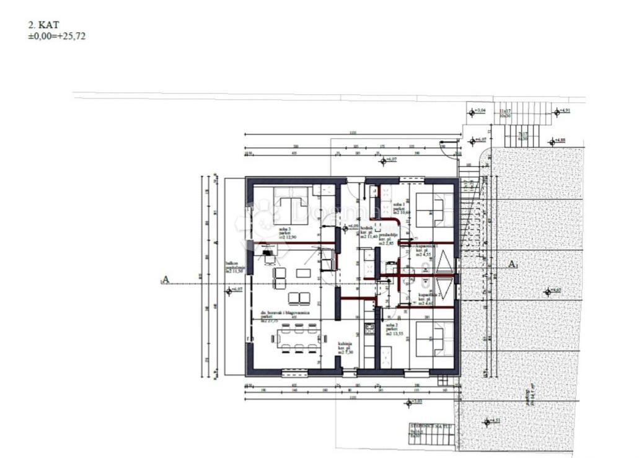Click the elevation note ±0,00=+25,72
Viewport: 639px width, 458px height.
click(56, 36)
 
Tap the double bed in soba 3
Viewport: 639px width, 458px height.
click(291, 206)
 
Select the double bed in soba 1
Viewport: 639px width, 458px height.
click(433, 211)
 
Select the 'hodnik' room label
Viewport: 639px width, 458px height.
click(367, 229)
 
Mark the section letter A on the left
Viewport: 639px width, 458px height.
click(165, 280)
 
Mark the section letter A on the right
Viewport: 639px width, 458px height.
click(512, 265)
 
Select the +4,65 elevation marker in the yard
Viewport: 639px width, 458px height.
click(552, 291)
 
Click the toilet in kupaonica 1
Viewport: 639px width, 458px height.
click(426, 268)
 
